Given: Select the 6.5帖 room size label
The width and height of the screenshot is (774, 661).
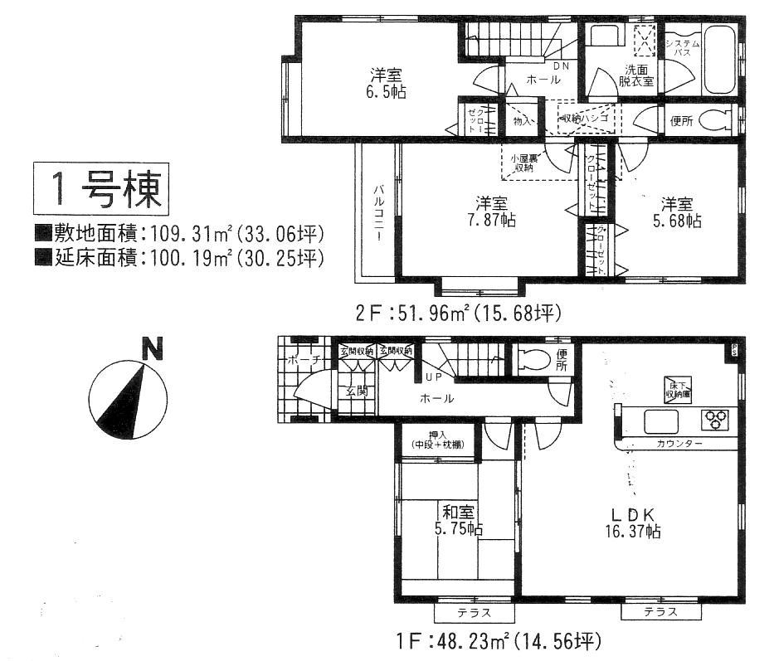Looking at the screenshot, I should pyautogui.click(x=386, y=93).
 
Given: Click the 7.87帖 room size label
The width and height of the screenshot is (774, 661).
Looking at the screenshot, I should pyautogui.click(x=491, y=221).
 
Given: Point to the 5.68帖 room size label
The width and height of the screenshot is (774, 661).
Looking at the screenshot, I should pyautogui.click(x=676, y=221).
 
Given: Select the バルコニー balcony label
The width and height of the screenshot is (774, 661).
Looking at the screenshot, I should pyautogui.click(x=377, y=212).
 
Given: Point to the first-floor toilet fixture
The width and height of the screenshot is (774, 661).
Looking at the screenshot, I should pyautogui.click(x=533, y=359).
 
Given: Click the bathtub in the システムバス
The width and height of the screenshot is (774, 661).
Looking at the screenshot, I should pyautogui.click(x=718, y=62).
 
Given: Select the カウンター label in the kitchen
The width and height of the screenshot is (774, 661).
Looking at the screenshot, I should pyautogui.click(x=678, y=445).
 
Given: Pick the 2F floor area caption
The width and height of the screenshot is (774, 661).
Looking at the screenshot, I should pyautogui.click(x=459, y=313).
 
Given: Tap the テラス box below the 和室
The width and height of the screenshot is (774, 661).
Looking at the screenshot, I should pyautogui.click(x=474, y=613).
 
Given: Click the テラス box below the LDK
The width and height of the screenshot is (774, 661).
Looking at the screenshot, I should pyautogui.click(x=660, y=612).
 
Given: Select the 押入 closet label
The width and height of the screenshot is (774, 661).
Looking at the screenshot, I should pyautogui.click(x=436, y=440).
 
